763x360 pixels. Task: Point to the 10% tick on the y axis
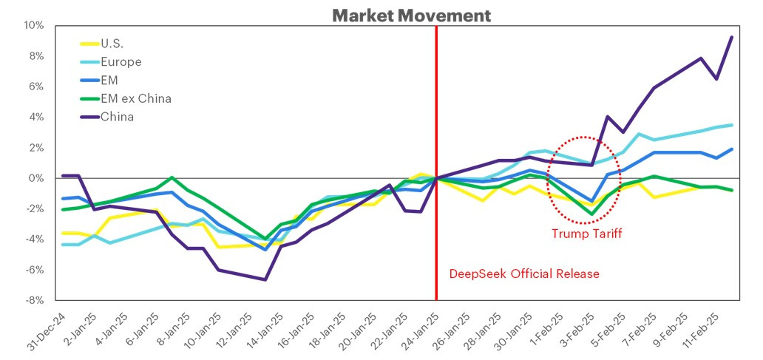pos(33,26)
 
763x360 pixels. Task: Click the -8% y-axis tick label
pos(33,301)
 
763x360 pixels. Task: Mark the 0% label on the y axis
pos(36,178)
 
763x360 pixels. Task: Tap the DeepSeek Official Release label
pos(524,274)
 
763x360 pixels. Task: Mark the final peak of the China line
pos(732,37)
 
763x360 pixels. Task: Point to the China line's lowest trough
pos(265,279)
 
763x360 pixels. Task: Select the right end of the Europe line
pos(732,125)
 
